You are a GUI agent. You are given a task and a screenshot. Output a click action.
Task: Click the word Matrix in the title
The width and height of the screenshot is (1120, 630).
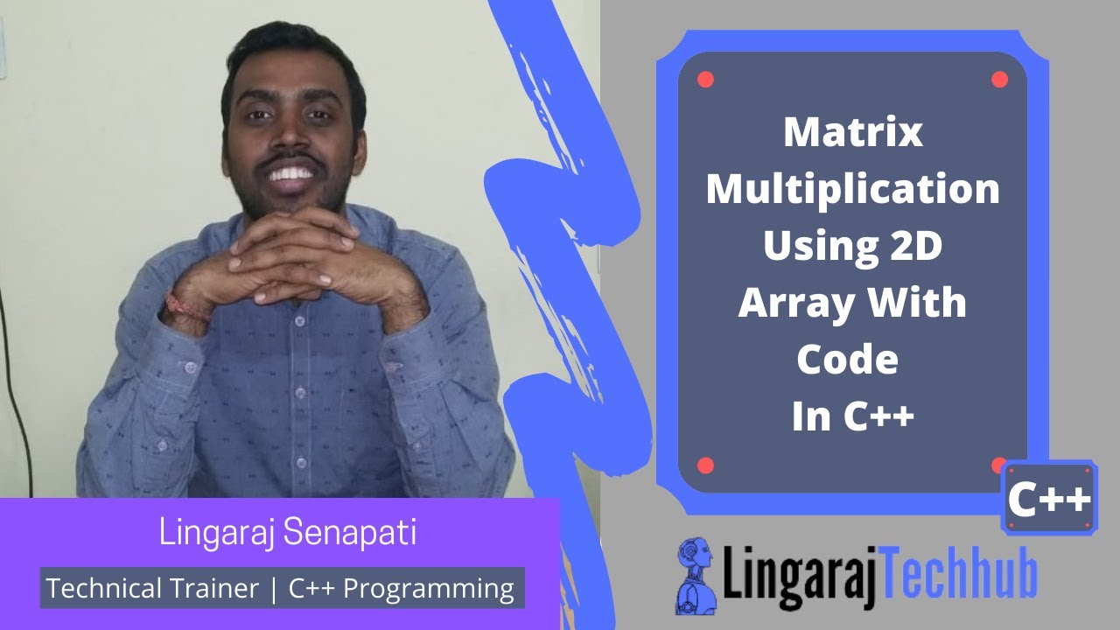click(x=853, y=133)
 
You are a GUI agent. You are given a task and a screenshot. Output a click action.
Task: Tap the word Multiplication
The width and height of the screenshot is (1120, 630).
click(x=853, y=190)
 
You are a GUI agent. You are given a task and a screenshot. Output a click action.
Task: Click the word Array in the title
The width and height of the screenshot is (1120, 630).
click(x=793, y=303)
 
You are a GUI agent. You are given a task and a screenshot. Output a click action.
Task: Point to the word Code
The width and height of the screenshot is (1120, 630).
click(x=847, y=359)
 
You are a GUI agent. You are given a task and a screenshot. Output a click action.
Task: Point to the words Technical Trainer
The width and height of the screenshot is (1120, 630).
click(x=153, y=588)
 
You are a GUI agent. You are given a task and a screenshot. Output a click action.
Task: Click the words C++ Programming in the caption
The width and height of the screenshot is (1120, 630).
click(x=402, y=588)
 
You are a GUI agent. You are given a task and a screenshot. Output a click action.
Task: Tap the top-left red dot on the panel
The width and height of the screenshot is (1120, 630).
click(x=706, y=80)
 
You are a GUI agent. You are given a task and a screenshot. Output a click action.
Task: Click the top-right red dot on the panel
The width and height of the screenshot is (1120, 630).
click(x=999, y=80)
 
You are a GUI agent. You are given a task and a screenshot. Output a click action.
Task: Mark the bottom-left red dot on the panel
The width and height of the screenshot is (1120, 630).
click(x=706, y=465)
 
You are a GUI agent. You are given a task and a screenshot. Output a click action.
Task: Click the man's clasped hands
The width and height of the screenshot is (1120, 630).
click(x=289, y=262)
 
